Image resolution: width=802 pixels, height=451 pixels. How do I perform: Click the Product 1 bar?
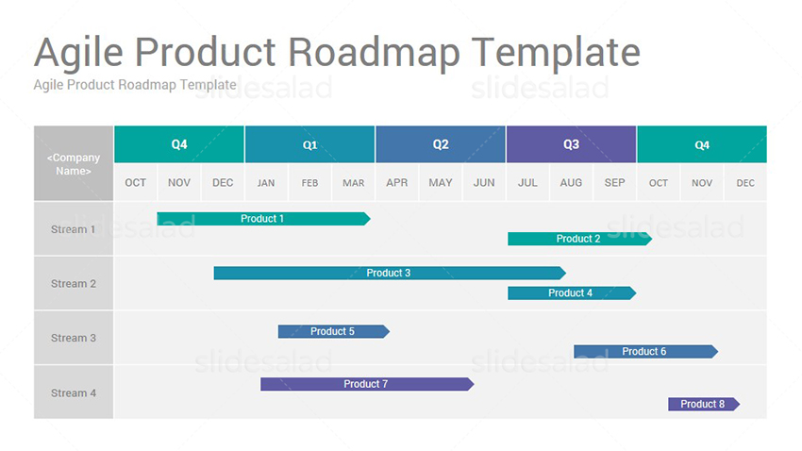[263, 219]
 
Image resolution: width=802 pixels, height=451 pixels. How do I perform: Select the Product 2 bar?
[579, 239]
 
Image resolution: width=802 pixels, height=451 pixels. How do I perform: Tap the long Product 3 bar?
[390, 273]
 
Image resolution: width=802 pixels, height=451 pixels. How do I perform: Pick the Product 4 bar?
[572, 293]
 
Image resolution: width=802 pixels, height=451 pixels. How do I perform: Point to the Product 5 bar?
[333, 331]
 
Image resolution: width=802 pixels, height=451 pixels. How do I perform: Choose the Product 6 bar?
[645, 351]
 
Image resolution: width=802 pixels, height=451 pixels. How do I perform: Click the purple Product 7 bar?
[367, 384]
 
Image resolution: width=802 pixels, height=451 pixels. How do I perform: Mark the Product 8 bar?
[704, 404]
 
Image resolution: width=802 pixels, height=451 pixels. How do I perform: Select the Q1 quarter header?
[310, 144]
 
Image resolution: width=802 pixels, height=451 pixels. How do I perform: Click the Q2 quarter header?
[441, 144]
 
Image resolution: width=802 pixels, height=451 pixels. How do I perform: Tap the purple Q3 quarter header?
[572, 144]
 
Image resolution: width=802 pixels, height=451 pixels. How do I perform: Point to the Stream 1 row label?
[74, 229]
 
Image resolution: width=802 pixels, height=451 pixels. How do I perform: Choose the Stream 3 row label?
[74, 338]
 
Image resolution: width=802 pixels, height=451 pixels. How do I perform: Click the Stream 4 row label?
[74, 393]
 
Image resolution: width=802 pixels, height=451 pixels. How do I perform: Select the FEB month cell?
[310, 182]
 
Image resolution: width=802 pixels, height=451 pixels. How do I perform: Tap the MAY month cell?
[441, 182]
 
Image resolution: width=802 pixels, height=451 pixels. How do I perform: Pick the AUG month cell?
[572, 182]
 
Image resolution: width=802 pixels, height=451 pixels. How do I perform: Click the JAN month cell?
[266, 182]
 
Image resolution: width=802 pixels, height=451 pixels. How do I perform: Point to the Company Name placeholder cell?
[74, 163]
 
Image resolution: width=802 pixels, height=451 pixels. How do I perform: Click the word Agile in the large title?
[78, 53]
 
